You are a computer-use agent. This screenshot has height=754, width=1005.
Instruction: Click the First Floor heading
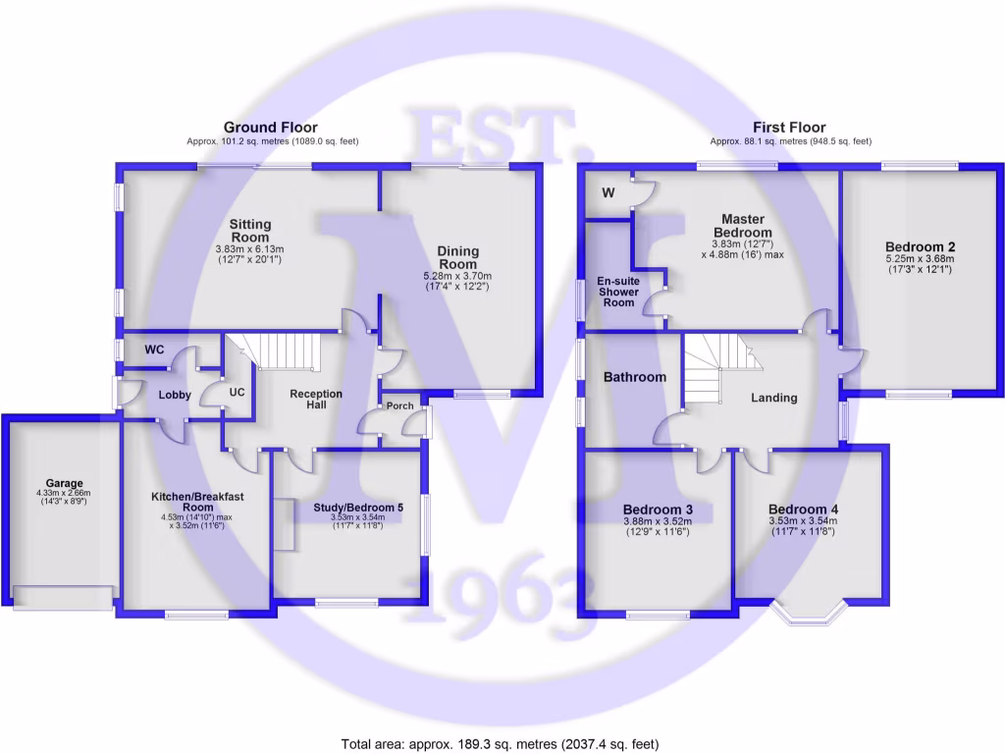[789, 128]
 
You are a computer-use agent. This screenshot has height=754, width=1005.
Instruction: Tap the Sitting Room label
[250, 232]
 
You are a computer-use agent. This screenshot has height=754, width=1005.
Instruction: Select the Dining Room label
[457, 258]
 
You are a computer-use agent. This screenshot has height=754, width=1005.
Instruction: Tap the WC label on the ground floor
[154, 350]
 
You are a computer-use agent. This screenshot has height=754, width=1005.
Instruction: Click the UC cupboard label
[237, 393]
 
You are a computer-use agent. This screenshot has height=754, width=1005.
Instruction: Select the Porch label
[399, 405]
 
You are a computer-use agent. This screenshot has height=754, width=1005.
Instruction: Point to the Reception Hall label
[316, 400]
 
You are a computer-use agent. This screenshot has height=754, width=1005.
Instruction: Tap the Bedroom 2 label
[920, 246]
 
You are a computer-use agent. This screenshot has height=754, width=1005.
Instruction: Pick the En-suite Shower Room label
[619, 292]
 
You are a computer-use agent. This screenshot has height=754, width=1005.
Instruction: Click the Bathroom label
[634, 377]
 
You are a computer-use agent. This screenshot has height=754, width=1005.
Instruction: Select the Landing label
[773, 398]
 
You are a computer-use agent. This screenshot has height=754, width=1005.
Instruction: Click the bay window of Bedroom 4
[810, 614]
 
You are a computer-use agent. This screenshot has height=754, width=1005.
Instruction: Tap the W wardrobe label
[608, 193]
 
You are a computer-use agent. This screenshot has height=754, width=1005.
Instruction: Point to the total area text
[501, 743]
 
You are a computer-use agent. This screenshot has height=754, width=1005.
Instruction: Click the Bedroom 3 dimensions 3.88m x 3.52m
[659, 522]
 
